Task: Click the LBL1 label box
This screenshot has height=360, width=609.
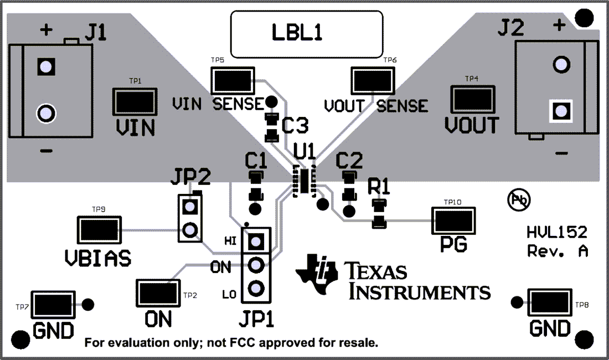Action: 307,34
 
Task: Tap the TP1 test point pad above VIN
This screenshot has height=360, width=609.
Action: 134,102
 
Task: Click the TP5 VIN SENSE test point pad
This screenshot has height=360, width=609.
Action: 232,81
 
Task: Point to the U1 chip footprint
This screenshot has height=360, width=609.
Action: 304,180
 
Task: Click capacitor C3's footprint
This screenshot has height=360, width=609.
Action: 271,126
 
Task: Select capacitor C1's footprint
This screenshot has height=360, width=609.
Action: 255,186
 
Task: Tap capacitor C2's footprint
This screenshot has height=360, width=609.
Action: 349,186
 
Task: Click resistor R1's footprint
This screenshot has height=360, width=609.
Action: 379,214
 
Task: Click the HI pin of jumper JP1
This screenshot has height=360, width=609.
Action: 255,241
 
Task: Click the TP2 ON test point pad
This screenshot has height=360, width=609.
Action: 157,292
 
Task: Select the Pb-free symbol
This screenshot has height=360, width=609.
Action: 519,199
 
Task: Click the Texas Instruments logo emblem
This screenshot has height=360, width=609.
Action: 317,273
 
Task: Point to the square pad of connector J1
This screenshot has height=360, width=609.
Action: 46,67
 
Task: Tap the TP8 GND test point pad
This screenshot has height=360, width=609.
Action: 550,302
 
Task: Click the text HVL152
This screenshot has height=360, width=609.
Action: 556,232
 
